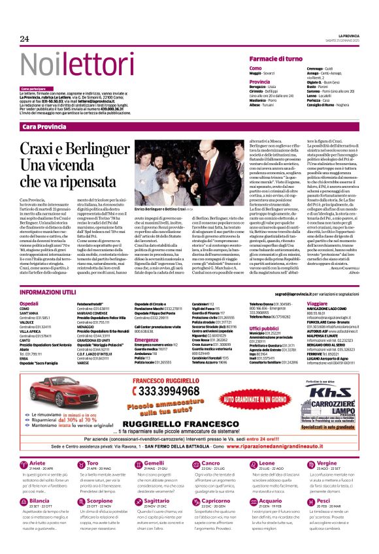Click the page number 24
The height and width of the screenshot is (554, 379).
pyautogui.click(x=25, y=38)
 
